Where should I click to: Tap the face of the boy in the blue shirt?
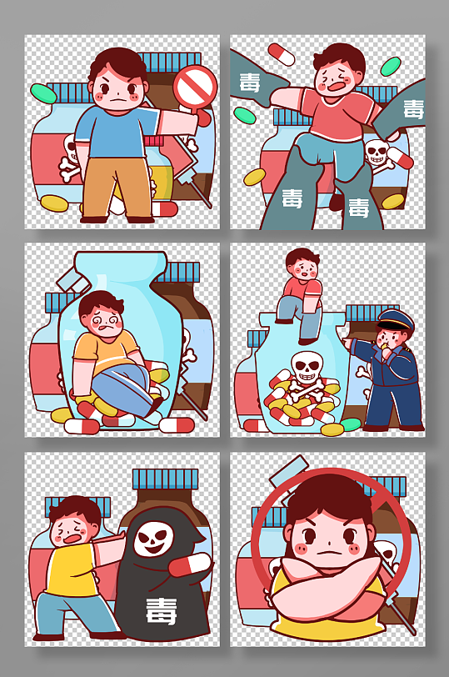point(119,88)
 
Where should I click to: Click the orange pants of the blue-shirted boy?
point(118,186)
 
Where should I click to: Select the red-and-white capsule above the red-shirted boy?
point(281,54)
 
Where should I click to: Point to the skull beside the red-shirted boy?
point(377,153)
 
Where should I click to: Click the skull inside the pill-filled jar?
point(306,366)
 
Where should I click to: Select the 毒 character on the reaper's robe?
point(160,610)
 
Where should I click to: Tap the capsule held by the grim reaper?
point(190,564)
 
